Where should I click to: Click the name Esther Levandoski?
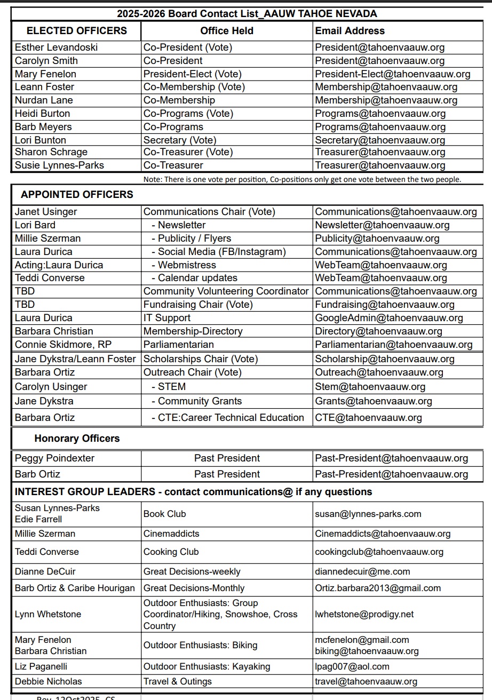[56, 47]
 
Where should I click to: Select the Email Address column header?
[350, 31]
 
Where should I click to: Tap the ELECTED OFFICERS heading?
[77, 31]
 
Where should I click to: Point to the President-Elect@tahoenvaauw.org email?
[392, 74]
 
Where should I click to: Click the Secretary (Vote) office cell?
[180, 140]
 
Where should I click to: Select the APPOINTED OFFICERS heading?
[77, 194]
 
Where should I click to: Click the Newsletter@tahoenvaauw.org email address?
[382, 225]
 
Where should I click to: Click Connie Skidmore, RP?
[63, 345]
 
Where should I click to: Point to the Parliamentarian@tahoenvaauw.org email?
[393, 345]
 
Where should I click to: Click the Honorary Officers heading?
[77, 439]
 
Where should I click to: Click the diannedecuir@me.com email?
[362, 572]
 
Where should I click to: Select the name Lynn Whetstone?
[48, 615]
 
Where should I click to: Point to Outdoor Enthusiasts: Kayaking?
[207, 667]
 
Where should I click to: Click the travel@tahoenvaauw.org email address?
[366, 681]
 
